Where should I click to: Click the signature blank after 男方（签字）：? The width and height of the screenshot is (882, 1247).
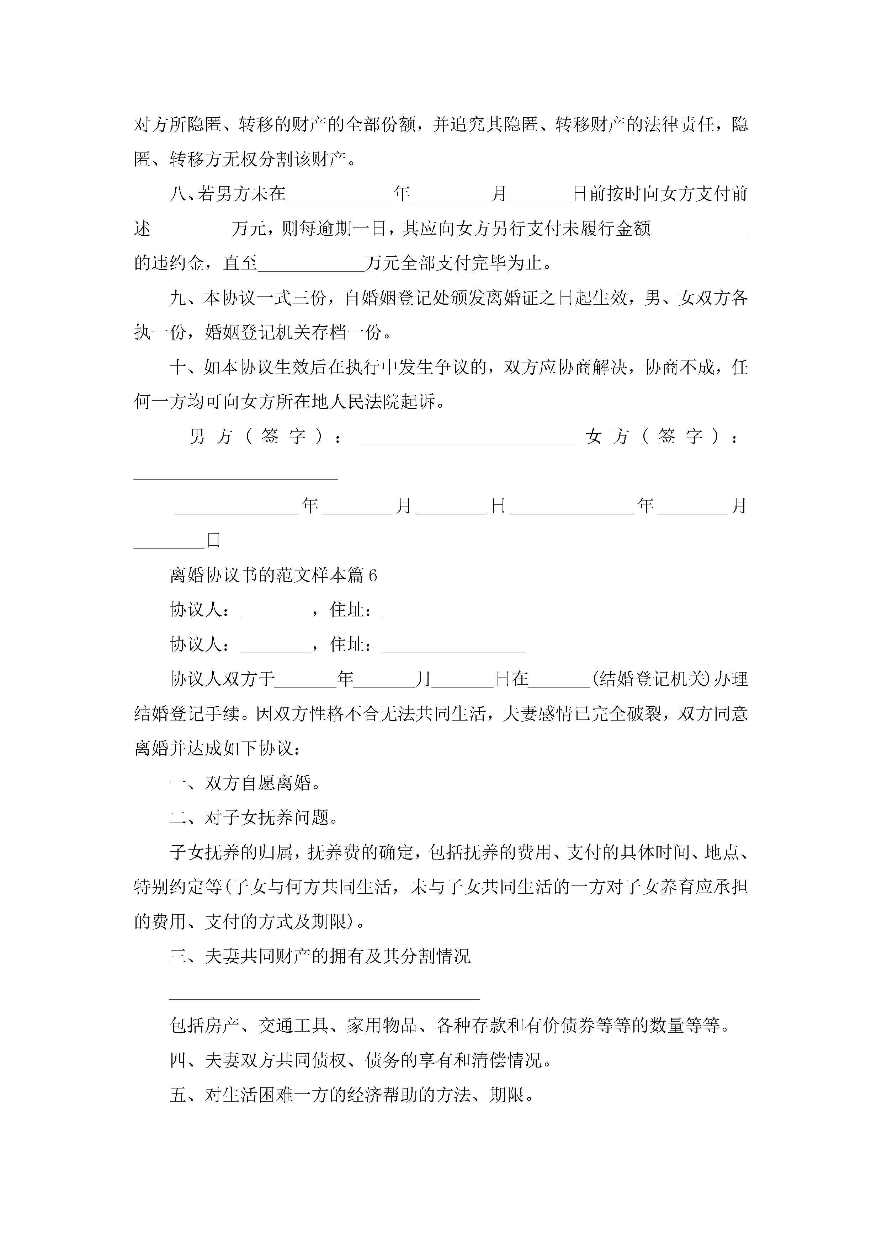click(x=468, y=438)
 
